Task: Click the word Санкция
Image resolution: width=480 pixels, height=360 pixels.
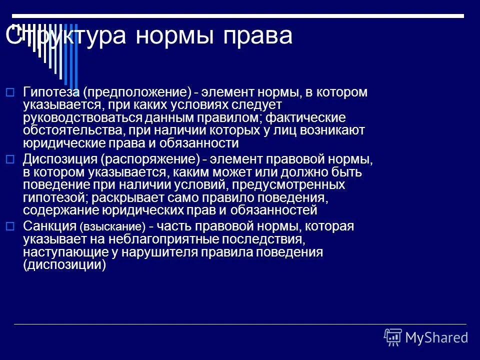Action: click(x=49, y=226)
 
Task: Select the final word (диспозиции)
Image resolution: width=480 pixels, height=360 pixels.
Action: click(x=64, y=265)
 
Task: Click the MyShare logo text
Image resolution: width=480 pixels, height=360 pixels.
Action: click(x=436, y=337)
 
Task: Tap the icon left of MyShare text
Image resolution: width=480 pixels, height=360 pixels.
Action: click(x=393, y=337)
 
